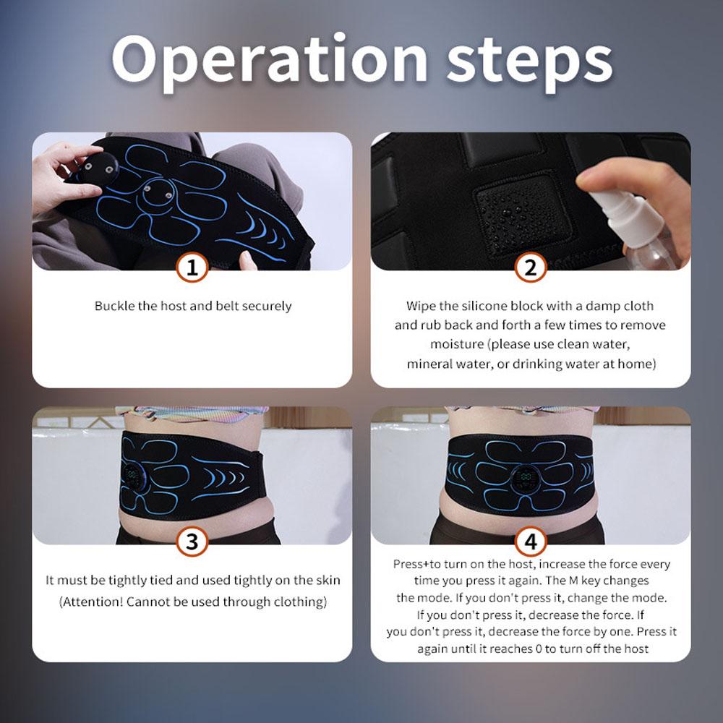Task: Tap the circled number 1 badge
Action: pos(192,268)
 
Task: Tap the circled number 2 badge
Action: pos(530,268)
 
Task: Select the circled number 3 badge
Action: pos(192,542)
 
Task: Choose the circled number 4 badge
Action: pos(530,542)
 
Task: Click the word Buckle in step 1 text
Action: pos(115,306)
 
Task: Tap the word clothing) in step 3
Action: pos(300,602)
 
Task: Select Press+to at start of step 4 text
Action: pos(420,564)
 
